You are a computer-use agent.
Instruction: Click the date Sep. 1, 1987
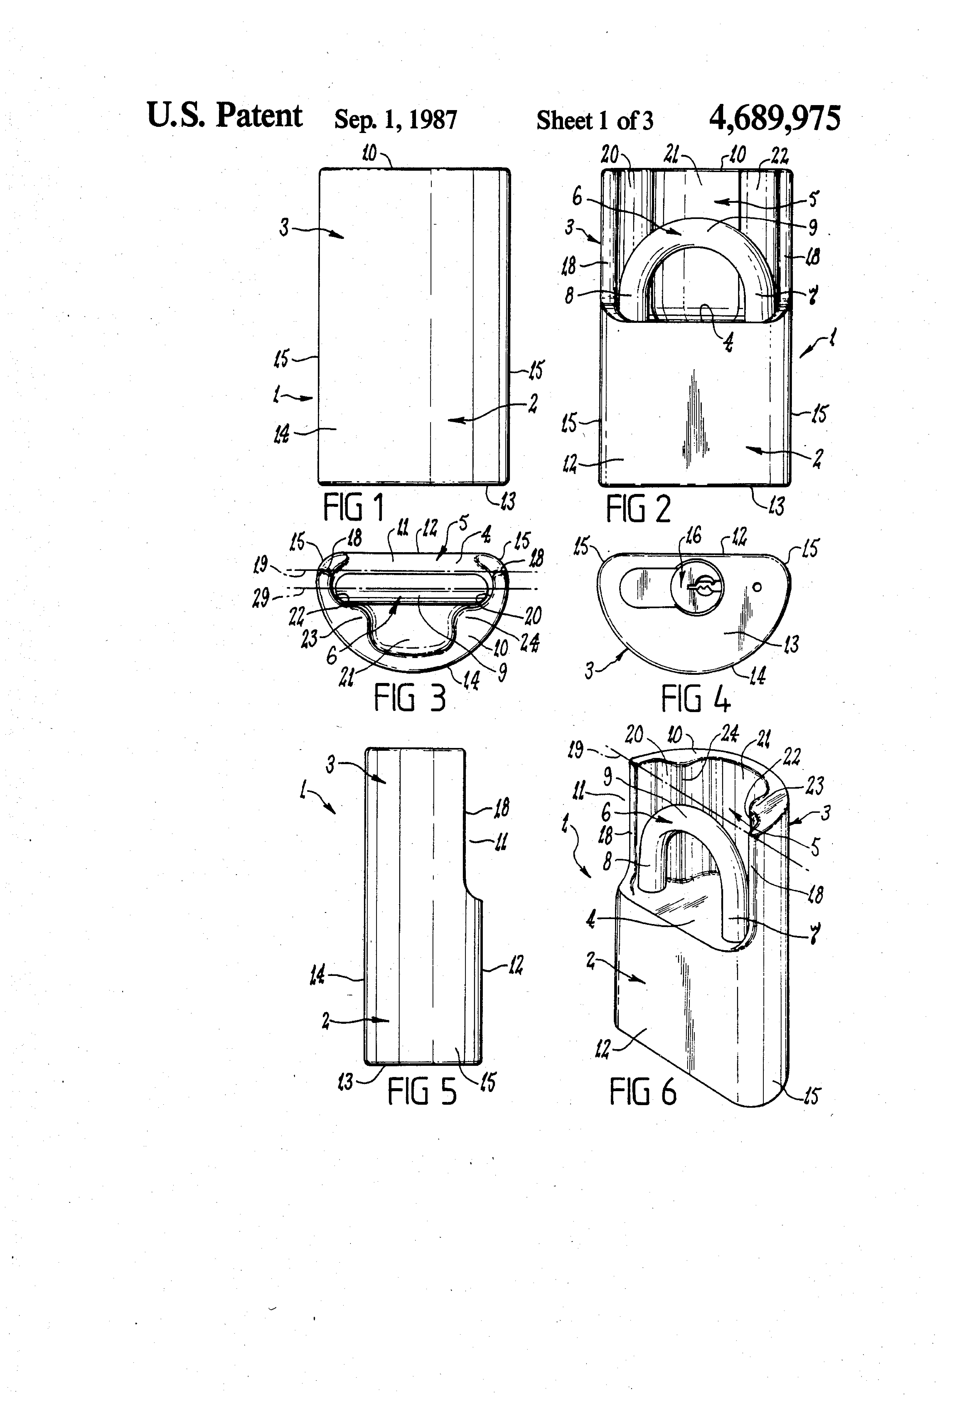[395, 119]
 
